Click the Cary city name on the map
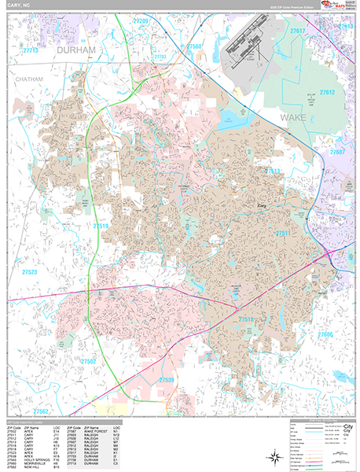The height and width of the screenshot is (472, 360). coord(263,206)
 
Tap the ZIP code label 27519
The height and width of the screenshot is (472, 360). coord(101,227)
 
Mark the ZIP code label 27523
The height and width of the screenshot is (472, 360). coord(30,271)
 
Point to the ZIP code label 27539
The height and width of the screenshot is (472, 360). coord(167,380)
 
